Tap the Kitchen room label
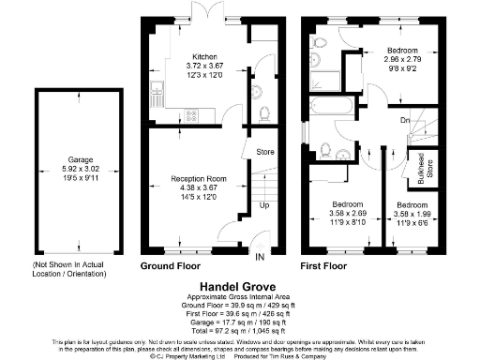(x=204, y=54)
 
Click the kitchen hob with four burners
(x=193, y=115)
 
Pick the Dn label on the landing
(x=405, y=120)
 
